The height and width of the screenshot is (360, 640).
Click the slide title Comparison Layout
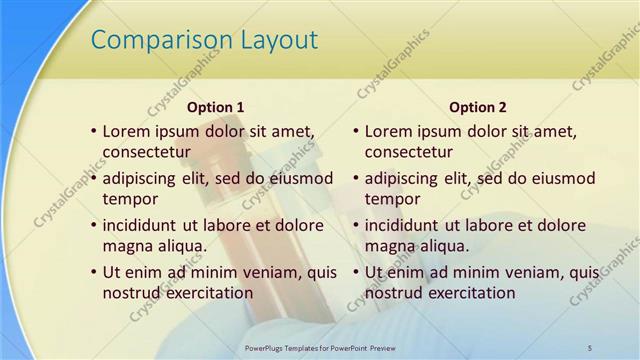(x=204, y=40)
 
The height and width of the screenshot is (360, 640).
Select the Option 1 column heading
(x=216, y=107)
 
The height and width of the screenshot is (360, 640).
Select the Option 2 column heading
(x=478, y=107)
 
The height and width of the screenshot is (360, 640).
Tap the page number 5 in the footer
(x=589, y=346)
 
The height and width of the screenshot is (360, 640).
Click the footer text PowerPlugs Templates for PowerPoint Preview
(x=320, y=346)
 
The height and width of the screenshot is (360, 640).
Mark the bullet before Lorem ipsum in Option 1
(x=93, y=131)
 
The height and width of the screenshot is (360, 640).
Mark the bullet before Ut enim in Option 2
(x=355, y=272)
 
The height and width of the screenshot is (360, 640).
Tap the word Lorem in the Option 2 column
(x=389, y=131)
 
